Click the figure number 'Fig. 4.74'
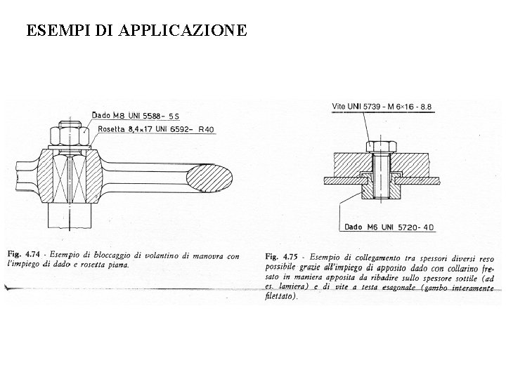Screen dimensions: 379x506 pyautogui.click(x=25, y=255)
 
